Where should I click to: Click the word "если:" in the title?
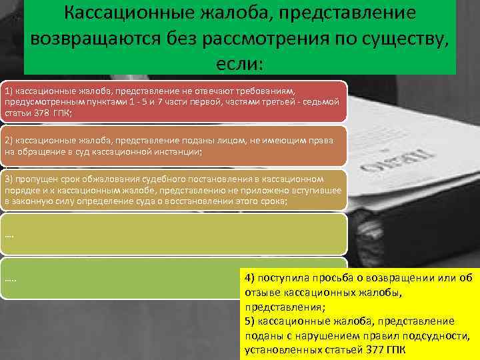[240, 63]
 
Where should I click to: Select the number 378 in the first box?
[35, 114]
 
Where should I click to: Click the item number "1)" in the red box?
[9, 89]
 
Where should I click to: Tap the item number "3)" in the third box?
[9, 179]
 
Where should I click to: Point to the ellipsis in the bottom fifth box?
[11, 277]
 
